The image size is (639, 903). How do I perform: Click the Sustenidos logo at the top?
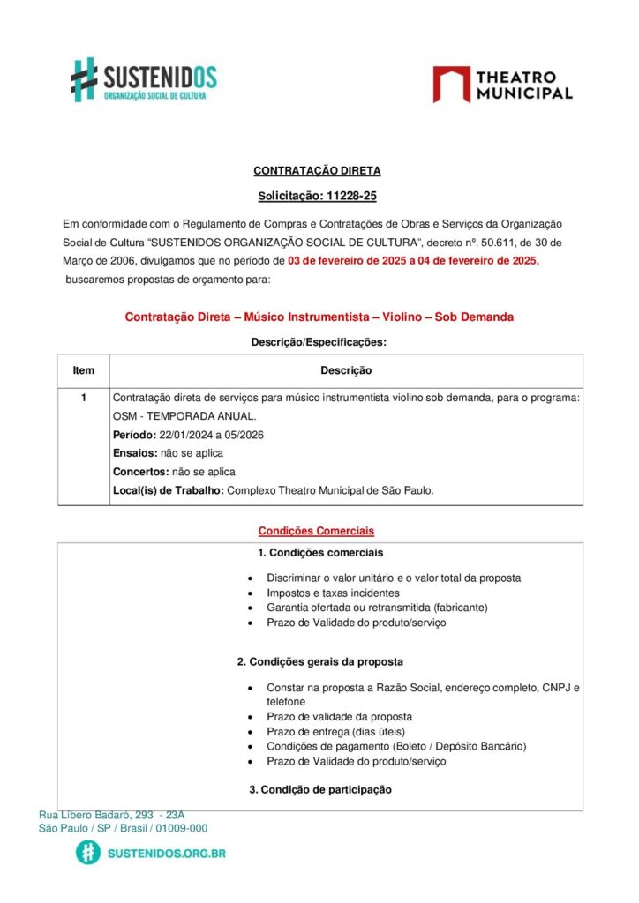coord(143,79)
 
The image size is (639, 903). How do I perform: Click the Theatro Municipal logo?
coord(502,85)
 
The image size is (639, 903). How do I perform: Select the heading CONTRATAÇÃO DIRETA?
coord(317,171)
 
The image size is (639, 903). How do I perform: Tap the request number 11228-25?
coord(350,196)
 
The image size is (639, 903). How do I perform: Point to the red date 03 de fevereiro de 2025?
coord(349,260)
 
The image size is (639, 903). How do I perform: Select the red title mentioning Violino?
coord(319,317)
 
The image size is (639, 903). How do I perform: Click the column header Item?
coord(84,370)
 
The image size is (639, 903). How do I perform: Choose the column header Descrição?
coord(345,370)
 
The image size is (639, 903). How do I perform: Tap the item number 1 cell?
coord(84,398)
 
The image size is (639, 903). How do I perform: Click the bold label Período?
coord(134,435)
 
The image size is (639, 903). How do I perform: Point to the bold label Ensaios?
coord(134,453)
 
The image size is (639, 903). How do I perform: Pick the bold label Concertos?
coord(140,472)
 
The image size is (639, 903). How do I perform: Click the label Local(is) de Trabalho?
coord(169,490)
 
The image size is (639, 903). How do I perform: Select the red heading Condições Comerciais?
coord(316,531)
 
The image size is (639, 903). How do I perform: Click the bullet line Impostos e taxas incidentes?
coord(333,593)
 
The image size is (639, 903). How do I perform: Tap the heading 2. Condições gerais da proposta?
coord(319,661)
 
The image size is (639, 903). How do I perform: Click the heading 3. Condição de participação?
coord(320,789)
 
